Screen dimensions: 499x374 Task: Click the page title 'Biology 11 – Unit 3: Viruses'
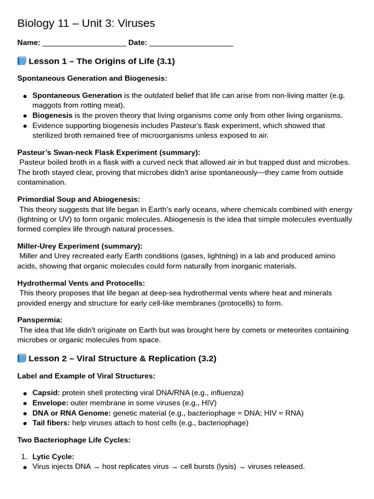(86, 23)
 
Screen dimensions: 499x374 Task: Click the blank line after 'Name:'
(84, 43)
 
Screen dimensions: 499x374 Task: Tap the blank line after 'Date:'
(191, 43)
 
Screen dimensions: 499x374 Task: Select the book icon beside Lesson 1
(21, 61)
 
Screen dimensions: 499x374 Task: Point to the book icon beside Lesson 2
(21, 358)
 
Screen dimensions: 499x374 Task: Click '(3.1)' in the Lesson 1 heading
(166, 61)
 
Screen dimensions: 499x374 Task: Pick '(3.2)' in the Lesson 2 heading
(207, 358)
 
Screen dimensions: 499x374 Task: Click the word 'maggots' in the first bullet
(47, 105)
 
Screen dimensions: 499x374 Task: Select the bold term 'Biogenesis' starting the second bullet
(52, 115)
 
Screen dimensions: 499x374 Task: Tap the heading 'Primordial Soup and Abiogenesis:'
(78, 199)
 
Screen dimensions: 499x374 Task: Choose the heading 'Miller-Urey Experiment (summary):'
(80, 246)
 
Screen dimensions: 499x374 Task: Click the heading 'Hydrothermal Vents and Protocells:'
(81, 283)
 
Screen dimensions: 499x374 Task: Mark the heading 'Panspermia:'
(40, 320)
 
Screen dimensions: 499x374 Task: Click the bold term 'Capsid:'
(46, 393)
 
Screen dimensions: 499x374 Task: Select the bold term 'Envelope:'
(50, 403)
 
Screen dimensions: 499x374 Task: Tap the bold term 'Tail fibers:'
(51, 423)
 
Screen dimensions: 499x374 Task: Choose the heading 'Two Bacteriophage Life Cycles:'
(74, 440)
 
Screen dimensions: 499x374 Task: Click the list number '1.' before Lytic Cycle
(24, 457)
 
